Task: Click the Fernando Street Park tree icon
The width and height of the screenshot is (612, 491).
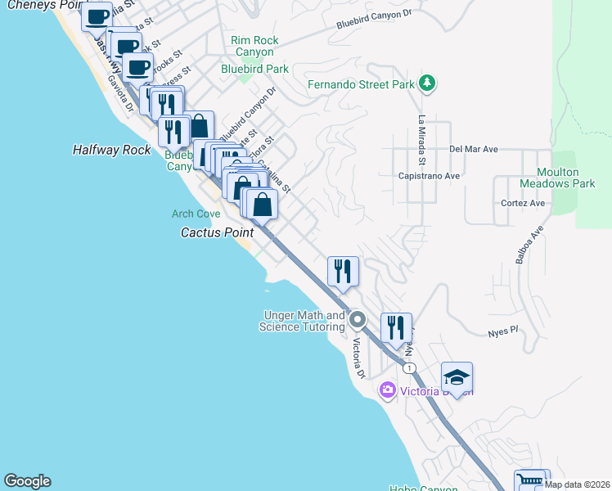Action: (x=426, y=83)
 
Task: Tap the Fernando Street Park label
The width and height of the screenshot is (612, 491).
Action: (x=362, y=84)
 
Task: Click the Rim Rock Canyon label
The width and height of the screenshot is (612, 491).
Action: (x=254, y=46)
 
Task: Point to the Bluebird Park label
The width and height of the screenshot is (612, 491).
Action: (x=254, y=70)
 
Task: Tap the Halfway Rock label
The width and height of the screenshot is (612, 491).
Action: (x=111, y=150)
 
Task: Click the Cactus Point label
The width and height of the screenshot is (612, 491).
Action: (x=217, y=232)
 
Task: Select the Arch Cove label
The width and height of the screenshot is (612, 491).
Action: (x=196, y=214)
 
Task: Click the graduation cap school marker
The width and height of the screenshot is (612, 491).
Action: (x=457, y=376)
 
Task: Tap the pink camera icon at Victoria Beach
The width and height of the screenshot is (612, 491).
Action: (x=387, y=390)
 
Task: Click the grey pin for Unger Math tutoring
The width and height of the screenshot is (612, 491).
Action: (x=357, y=318)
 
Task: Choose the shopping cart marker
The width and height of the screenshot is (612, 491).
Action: (x=529, y=481)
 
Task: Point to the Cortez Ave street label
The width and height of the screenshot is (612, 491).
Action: (x=524, y=203)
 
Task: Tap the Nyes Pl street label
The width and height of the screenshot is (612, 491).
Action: (x=503, y=331)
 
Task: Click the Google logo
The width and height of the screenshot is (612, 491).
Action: (x=27, y=481)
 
